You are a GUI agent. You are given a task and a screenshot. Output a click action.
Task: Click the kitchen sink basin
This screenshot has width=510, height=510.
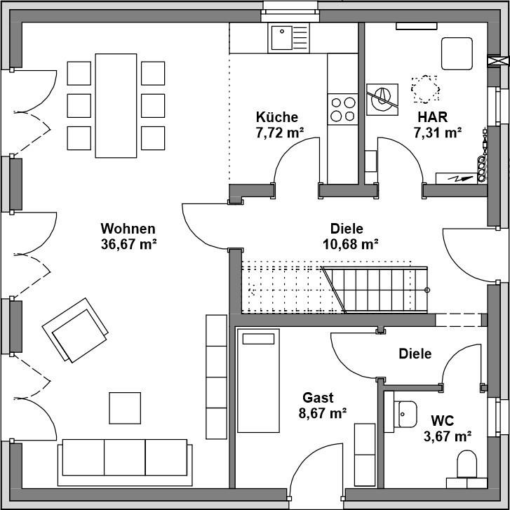tap(282, 38)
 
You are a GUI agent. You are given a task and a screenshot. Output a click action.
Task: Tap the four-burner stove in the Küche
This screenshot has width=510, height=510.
tap(343, 109)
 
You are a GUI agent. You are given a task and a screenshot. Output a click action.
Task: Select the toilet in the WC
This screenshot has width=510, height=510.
tap(467, 464)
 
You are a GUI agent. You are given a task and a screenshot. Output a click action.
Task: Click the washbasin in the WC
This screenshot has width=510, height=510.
tap(405, 414)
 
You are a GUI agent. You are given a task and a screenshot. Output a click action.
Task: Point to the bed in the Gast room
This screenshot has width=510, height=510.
tap(258, 380)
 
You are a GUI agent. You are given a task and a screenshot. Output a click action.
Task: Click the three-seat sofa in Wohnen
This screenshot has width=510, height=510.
tap(125, 462)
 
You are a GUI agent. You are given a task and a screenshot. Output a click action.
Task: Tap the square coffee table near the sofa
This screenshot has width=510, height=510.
tap(125, 408)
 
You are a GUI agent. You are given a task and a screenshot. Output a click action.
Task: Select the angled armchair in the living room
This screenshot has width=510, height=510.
tap(75, 330)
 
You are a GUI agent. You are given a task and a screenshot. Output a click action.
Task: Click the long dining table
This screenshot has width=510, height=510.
tap(116, 106)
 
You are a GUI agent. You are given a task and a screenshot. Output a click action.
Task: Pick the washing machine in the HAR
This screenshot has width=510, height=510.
tap(382, 99)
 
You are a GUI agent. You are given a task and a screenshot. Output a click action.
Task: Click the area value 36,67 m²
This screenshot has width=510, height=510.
tap(129, 244)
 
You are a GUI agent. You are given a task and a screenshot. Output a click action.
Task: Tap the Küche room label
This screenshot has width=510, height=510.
tap(277, 117)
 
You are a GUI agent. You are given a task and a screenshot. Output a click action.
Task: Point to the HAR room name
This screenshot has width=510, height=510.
tap(433, 117)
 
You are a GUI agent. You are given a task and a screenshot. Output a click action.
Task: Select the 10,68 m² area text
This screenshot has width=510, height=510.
tap(350, 244)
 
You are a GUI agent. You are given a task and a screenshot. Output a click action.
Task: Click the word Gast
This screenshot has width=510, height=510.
tap(318, 398)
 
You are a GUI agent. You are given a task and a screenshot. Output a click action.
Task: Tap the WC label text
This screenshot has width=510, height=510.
tap(443, 420)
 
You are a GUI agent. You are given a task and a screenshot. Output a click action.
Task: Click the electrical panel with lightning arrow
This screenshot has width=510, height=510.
tap(456, 178)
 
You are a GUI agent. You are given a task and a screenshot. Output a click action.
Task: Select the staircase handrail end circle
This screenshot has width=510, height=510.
tap(427, 290)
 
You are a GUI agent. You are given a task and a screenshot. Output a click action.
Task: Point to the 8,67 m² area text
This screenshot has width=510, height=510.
tap(322, 413)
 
